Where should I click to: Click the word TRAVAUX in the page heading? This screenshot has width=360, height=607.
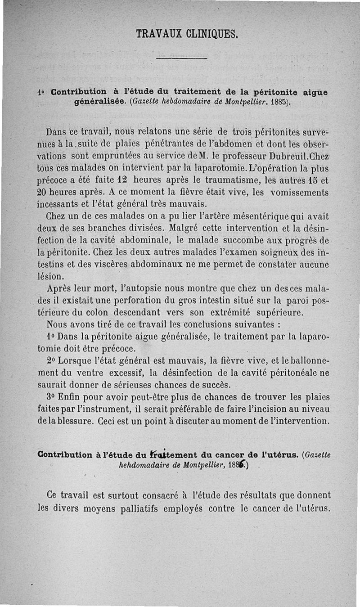click(x=156, y=33)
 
